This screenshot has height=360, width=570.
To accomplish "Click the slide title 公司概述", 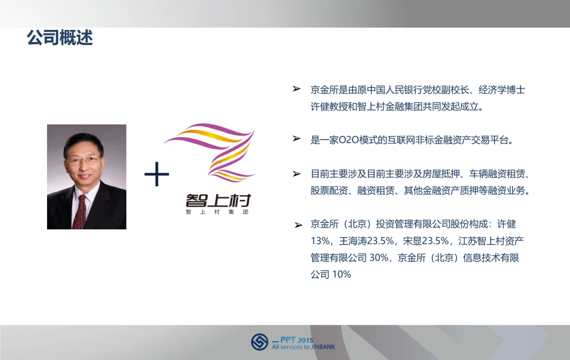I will (x=60, y=38).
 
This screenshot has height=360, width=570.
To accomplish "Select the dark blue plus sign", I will (x=157, y=174).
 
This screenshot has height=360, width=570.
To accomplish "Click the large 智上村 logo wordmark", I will (x=218, y=199).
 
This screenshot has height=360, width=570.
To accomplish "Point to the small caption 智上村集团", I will (x=218, y=212).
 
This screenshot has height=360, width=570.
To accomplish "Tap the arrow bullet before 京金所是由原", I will (x=297, y=89).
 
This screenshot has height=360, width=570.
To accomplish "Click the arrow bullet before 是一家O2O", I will (x=297, y=139).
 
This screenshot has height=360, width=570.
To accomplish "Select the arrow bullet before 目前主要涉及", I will (x=297, y=174).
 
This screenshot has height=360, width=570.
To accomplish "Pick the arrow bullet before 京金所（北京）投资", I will (x=298, y=225).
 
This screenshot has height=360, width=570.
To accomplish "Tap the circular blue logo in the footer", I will (x=260, y=342).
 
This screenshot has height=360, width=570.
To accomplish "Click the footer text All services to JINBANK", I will (x=304, y=347).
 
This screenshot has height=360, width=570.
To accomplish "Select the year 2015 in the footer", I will (x=306, y=340).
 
